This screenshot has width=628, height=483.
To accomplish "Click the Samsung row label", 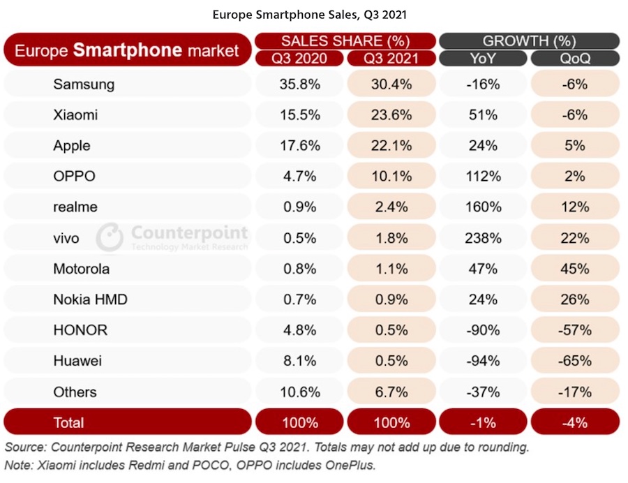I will click(84, 84).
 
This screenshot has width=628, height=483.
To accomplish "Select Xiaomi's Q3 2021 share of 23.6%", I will click(391, 115).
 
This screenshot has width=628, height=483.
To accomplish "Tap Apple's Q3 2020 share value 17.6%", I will click(299, 146).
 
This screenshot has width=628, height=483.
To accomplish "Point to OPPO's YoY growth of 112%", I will click(484, 177).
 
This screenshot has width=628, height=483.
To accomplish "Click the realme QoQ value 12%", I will click(576, 207).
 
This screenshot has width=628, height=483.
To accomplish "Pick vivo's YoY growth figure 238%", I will click(484, 238).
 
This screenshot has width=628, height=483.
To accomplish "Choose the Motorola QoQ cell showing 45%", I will click(576, 269).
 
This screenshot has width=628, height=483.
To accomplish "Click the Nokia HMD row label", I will click(90, 299).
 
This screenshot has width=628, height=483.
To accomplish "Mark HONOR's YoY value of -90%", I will click(484, 330).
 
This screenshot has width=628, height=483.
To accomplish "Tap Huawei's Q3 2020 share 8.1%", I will click(299, 361).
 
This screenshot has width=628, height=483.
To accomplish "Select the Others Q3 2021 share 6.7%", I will click(391, 392).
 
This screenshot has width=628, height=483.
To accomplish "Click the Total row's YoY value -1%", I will click(484, 422).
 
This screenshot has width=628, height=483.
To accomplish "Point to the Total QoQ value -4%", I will click(576, 422).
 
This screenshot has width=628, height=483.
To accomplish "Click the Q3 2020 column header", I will click(299, 59).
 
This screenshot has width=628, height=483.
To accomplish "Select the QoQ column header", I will click(576, 59).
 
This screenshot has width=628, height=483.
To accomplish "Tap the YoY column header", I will click(484, 59).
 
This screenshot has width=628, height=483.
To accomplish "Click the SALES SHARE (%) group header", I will click(345, 40).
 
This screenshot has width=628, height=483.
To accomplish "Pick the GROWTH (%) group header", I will click(530, 40).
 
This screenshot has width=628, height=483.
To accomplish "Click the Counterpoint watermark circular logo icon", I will click(110, 237).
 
